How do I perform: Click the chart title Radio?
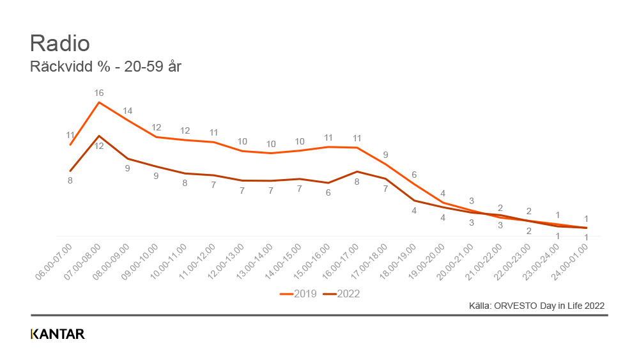(x=60, y=43)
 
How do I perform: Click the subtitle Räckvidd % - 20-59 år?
(x=106, y=66)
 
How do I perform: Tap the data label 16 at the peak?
(x=99, y=92)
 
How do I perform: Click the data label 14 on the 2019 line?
(x=128, y=110)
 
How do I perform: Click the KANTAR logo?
(x=58, y=334)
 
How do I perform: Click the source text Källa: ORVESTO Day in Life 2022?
(x=537, y=306)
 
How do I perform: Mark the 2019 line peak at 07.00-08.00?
(x=99, y=102)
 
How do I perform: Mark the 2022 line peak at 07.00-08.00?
(x=99, y=136)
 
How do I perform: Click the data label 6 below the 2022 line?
(x=328, y=192)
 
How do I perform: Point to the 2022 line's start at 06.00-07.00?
(x=70, y=171)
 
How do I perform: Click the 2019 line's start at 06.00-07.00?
(x=70, y=145)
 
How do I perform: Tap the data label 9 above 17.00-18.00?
(x=385, y=154)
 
